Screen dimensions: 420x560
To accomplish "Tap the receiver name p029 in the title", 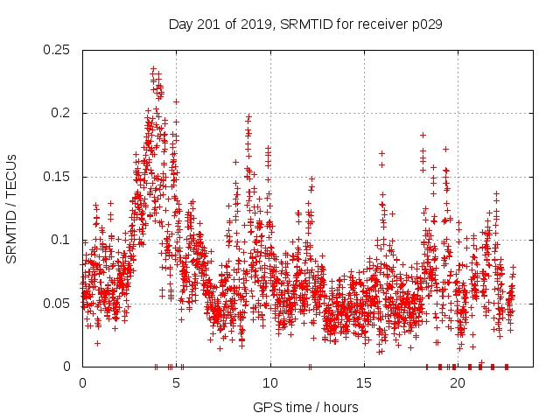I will (426, 24).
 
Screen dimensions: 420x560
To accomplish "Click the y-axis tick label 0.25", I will (59, 50).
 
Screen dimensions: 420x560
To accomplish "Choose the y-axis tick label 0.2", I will (62, 114).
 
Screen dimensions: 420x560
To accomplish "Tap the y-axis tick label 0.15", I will (59, 177).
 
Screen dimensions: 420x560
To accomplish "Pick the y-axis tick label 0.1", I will (62, 240).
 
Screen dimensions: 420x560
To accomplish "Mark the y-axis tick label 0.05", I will (59, 304).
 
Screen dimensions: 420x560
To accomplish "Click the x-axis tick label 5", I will (176, 383).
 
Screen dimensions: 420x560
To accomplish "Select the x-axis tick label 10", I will (270, 383).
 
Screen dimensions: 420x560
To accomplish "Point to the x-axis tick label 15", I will (364, 383).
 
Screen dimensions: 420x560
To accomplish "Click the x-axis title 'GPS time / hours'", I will (305, 407).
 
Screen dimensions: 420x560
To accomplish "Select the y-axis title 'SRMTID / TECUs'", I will (12, 207).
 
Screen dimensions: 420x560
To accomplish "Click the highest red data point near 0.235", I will (153, 68).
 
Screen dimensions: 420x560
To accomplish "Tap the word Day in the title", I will (180, 24).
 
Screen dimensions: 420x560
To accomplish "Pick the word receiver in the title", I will (376, 24).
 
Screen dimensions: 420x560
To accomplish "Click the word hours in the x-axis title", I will (340, 407).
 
